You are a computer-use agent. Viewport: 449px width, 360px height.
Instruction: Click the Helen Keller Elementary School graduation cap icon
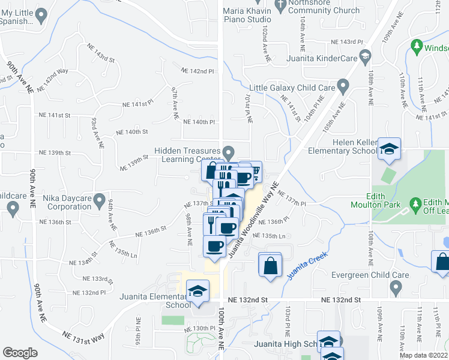pyautogui.click(x=390, y=150)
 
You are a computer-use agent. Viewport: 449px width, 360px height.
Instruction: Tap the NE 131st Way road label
pyautogui.click(x=84, y=336)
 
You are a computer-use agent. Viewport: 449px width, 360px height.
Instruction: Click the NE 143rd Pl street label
pyautogui.click(x=348, y=42)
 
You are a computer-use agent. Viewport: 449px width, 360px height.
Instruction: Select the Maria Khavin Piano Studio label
pyautogui.click(x=247, y=15)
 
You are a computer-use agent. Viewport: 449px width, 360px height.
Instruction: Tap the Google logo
pyautogui.click(x=20, y=352)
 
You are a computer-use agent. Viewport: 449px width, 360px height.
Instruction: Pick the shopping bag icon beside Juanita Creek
pyautogui.click(x=270, y=264)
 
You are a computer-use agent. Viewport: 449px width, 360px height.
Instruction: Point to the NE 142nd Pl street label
pyautogui.click(x=199, y=71)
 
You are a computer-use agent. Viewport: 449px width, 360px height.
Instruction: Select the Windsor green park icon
pyautogui.click(x=416, y=46)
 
